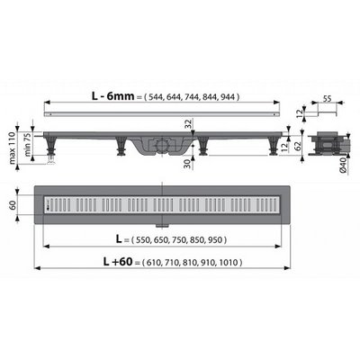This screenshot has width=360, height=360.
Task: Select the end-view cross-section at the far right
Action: [x=325, y=144]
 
